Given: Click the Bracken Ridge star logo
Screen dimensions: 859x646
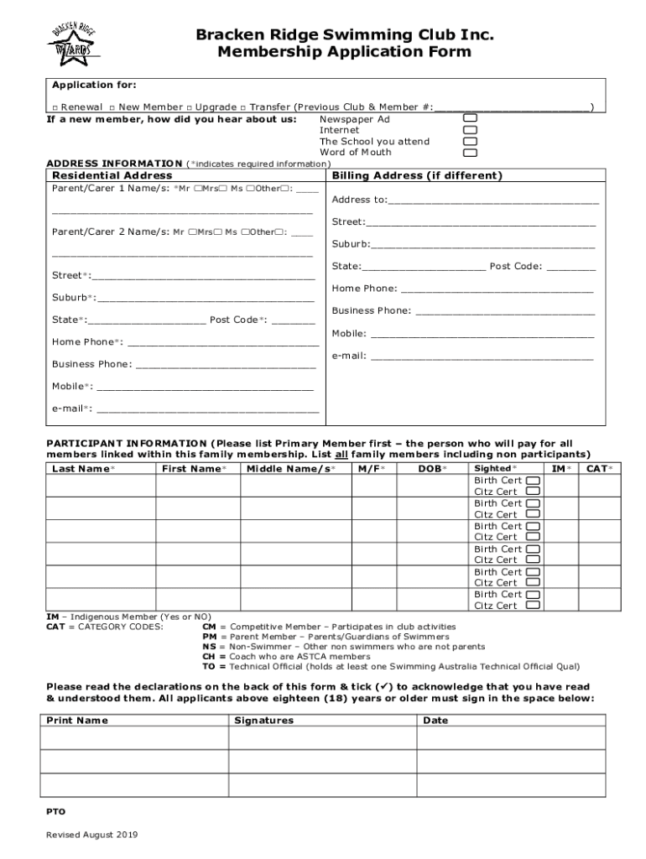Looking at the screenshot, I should click(x=74, y=39).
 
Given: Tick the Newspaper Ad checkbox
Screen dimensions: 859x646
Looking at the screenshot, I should click(x=471, y=119).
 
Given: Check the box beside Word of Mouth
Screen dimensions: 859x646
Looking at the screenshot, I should click(x=471, y=153).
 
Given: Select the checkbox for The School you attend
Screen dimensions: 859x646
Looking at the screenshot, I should click(x=471, y=142).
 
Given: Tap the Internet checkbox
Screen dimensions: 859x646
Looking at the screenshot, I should click(x=471, y=131).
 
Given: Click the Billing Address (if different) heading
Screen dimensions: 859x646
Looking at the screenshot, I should click(x=418, y=176).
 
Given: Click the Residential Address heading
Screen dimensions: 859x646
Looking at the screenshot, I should click(x=112, y=176).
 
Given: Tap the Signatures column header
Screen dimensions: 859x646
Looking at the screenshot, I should click(x=263, y=721).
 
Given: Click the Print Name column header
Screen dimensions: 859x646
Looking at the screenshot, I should click(x=77, y=721).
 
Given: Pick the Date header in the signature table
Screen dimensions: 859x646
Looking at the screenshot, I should click(x=435, y=721).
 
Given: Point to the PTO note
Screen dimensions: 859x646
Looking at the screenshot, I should click(x=55, y=812).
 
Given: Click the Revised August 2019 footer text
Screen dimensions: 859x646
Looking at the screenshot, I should click(x=92, y=836).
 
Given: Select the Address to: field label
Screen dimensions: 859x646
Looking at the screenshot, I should click(x=360, y=200).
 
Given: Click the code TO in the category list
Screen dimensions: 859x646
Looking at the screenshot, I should click(x=209, y=667).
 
